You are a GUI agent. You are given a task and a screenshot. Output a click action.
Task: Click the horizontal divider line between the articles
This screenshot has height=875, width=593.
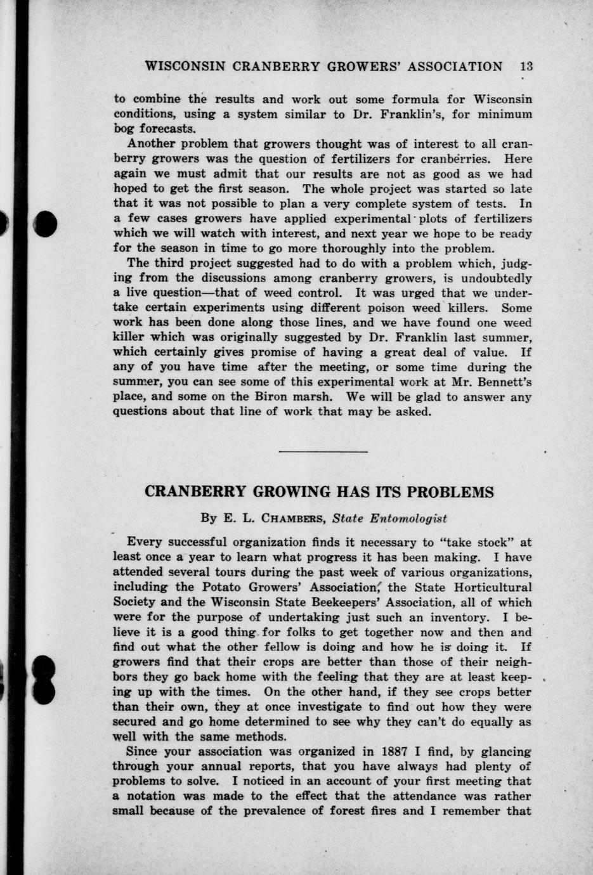point(323,451)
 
